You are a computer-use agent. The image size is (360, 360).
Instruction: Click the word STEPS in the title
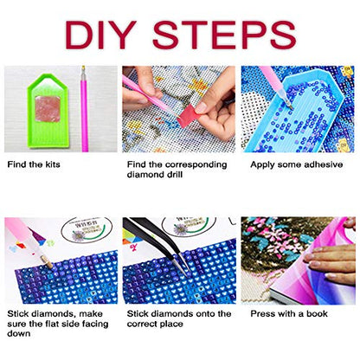[224, 35]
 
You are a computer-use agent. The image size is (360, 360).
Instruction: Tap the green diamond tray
[48, 111]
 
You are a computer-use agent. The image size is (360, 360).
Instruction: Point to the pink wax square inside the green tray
[48, 108]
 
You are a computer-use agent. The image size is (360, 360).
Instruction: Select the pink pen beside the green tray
[84, 109]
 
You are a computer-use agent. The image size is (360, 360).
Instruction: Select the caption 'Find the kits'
[34, 164]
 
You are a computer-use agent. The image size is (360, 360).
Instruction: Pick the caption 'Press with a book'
[289, 313]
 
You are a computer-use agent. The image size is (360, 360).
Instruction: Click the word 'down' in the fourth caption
[19, 333]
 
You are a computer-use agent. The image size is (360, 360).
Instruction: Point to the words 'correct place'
[155, 324]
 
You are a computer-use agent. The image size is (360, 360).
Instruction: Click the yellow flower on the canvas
[198, 85]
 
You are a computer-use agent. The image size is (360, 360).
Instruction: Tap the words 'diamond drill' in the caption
[155, 175]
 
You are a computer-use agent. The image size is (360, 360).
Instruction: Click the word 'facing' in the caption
[94, 324]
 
